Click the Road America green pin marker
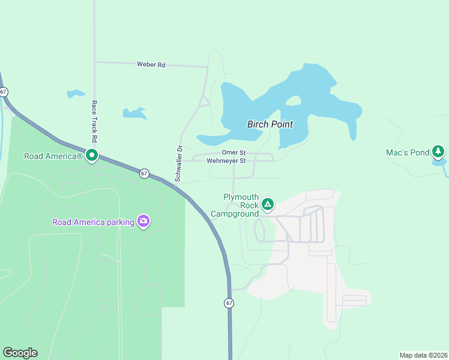[x=92, y=156]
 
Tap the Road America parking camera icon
[x=143, y=221]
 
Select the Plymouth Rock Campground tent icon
[x=268, y=205]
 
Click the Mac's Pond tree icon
[x=439, y=152]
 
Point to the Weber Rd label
[x=151, y=65]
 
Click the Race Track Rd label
[x=94, y=120]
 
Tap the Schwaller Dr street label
[x=178, y=163]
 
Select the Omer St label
[x=234, y=153]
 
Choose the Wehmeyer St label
[x=226, y=161]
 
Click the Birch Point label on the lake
[x=270, y=125]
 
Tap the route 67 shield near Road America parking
[x=144, y=173]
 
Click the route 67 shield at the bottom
[x=229, y=303]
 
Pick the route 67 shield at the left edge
[x=4, y=92]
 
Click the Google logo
[x=20, y=353]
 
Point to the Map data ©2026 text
[x=423, y=355]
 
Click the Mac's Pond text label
[x=408, y=153]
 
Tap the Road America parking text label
[x=93, y=222]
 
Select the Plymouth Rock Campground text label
[x=241, y=205]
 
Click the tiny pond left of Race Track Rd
[x=76, y=94]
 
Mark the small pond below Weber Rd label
[x=134, y=113]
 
